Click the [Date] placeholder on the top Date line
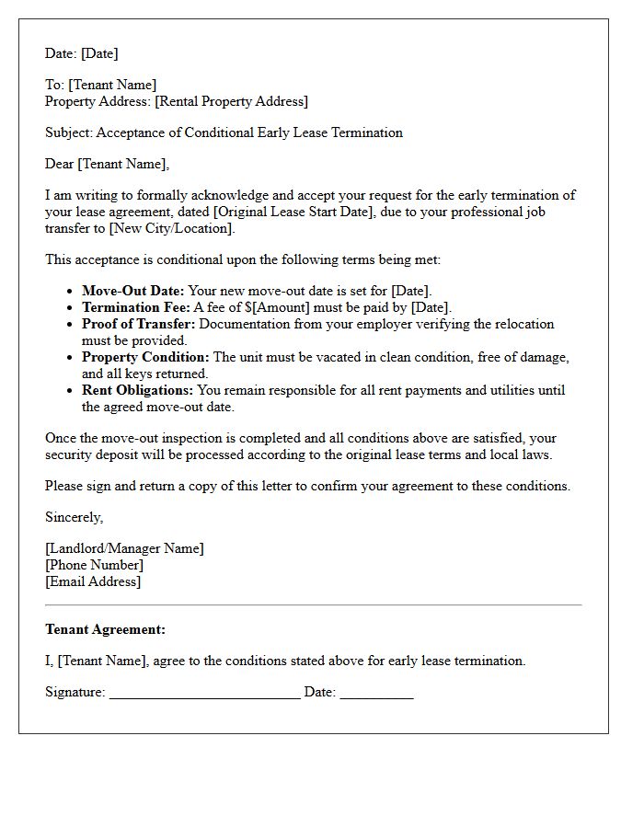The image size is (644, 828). tap(99, 53)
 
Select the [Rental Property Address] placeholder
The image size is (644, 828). tap(231, 101)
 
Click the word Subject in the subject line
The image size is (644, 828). tap(68, 132)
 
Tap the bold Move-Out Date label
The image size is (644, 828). tap(132, 291)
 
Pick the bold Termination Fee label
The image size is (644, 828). tap(136, 307)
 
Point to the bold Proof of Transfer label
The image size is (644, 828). tap(138, 324)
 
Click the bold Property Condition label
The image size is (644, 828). tap(145, 357)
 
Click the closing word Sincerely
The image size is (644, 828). tap(74, 517)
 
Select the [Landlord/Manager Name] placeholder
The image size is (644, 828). tap(124, 548)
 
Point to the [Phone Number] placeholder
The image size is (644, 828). tap(94, 565)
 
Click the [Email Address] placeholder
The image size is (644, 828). tap(93, 581)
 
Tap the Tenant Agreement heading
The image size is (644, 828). tap(105, 629)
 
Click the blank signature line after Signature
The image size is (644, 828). tap(204, 694)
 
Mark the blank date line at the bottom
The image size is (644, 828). tap(376, 694)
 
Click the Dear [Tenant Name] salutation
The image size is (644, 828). tap(108, 164)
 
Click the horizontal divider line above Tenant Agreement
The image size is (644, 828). tap(313, 604)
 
